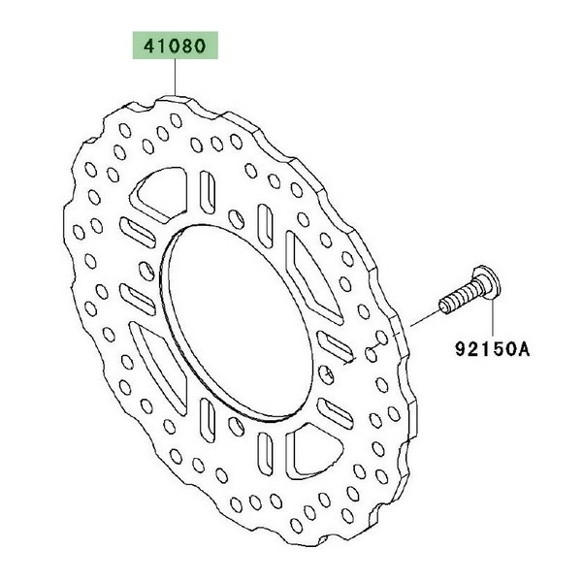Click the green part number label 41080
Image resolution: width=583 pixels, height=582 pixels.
point(176,46)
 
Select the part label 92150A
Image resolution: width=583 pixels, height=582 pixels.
point(492,349)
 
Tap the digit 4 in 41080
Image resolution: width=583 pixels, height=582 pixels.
point(150,47)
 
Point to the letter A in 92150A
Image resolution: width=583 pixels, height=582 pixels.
point(523,349)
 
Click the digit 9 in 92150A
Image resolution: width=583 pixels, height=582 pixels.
point(462,349)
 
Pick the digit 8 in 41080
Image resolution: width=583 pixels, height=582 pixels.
point(186,47)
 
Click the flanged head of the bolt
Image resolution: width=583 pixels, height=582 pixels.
point(487,282)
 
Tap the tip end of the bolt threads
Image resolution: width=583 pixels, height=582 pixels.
point(443,308)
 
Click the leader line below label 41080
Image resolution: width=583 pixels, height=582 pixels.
point(175,77)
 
